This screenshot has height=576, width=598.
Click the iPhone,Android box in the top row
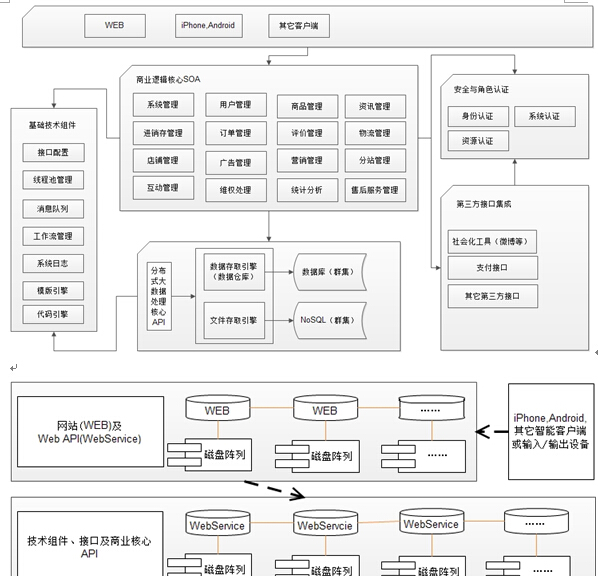[x=208, y=25]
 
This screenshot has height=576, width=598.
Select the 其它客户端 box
[x=297, y=25]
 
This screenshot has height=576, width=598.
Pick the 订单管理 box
[x=229, y=133]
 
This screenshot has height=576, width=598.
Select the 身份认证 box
[x=477, y=117]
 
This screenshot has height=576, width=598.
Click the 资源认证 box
[x=477, y=141]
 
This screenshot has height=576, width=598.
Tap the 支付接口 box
[x=492, y=268]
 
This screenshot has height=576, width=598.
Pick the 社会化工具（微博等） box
[x=492, y=241]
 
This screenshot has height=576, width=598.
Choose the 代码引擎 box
[x=52, y=314]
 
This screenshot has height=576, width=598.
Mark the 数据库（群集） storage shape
[x=328, y=271]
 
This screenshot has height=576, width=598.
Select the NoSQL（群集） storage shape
[x=328, y=320]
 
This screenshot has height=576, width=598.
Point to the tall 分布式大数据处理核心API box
[x=158, y=297]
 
